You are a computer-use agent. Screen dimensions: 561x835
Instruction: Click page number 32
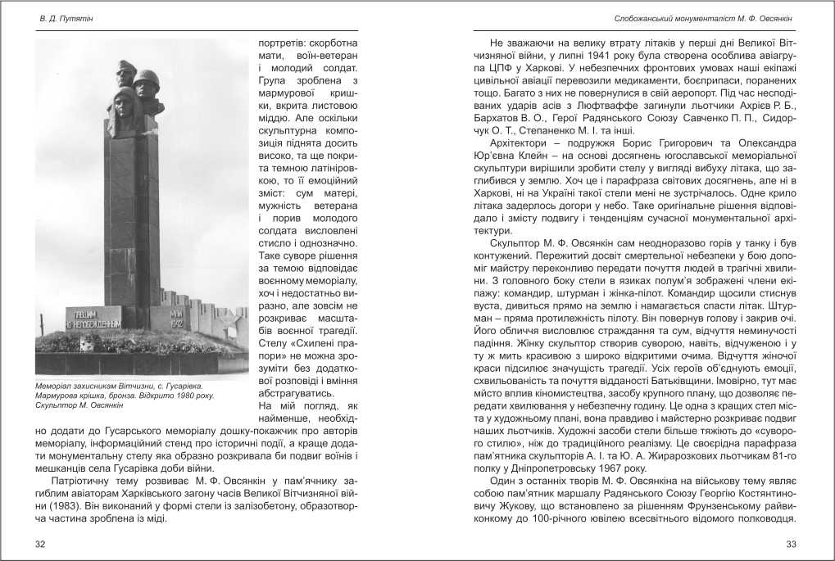[41, 543]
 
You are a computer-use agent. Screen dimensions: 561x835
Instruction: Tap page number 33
[791, 543]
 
